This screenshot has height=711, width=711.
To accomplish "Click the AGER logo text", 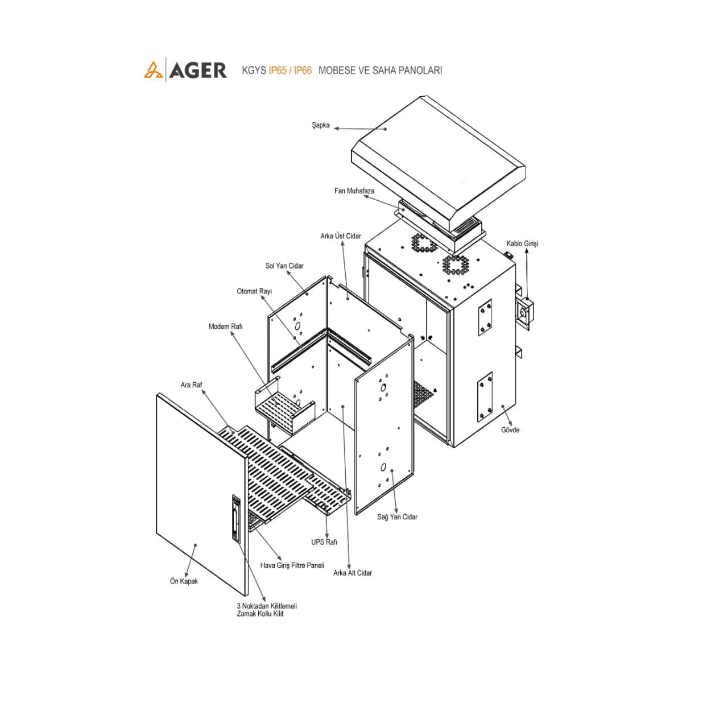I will [x=198, y=70].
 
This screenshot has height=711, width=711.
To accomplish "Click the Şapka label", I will [x=320, y=125].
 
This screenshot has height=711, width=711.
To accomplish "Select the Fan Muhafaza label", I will [x=354, y=191].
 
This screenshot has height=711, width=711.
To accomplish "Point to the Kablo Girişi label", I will [x=522, y=243].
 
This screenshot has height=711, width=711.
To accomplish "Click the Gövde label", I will [x=510, y=430].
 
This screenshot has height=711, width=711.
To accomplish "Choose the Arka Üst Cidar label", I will [x=340, y=236].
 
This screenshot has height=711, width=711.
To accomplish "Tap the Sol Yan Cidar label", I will [x=284, y=266].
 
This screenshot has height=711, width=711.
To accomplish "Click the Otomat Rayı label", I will [x=254, y=291].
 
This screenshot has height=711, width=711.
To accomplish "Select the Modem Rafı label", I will [x=225, y=326].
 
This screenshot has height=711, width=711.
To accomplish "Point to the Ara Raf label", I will [x=191, y=385].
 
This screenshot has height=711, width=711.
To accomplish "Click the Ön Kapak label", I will [x=184, y=581].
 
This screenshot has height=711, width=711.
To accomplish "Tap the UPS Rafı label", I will [x=324, y=542].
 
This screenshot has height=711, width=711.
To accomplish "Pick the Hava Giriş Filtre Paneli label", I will [x=292, y=565].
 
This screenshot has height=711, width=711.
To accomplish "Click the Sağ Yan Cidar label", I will [x=397, y=517].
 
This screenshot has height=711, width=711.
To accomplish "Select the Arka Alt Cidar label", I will [x=352, y=573].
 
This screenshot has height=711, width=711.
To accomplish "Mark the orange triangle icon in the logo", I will [x=152, y=71].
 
